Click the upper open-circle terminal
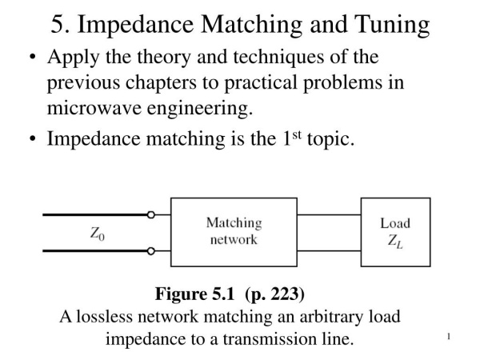pyautogui.click(x=152, y=214)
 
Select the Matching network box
pyautogui.click(x=234, y=232)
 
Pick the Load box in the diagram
pyautogui.click(x=395, y=232)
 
